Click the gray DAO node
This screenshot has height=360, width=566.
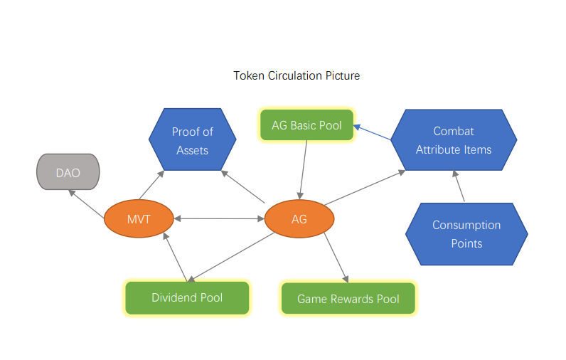[x=68, y=172]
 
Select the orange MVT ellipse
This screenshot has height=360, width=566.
[x=139, y=218]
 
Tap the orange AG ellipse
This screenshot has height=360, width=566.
[x=299, y=218]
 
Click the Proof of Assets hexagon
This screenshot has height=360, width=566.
[x=193, y=139]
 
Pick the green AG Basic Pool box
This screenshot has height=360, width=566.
[x=307, y=125]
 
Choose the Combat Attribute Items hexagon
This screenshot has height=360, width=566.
[x=454, y=139]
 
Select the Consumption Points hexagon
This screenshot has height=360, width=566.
[x=466, y=234]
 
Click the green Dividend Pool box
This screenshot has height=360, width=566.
[x=187, y=297]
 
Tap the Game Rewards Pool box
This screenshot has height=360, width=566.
[x=348, y=299]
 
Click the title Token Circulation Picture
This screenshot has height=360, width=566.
[x=297, y=75]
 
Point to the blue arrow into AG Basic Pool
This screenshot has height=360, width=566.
[x=372, y=132]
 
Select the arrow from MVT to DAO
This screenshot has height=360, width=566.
[x=86, y=204]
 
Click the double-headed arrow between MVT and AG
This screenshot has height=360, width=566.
[x=219, y=218]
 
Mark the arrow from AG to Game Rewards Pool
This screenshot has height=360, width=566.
[x=336, y=258]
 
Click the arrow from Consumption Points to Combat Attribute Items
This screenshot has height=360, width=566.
[x=459, y=186]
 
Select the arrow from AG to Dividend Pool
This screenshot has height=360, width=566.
[x=231, y=257]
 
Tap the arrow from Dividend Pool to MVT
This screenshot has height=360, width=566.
[x=176, y=257]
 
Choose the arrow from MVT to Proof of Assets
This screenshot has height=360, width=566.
[x=151, y=185]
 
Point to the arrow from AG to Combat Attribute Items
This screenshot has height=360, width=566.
[x=365, y=188]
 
